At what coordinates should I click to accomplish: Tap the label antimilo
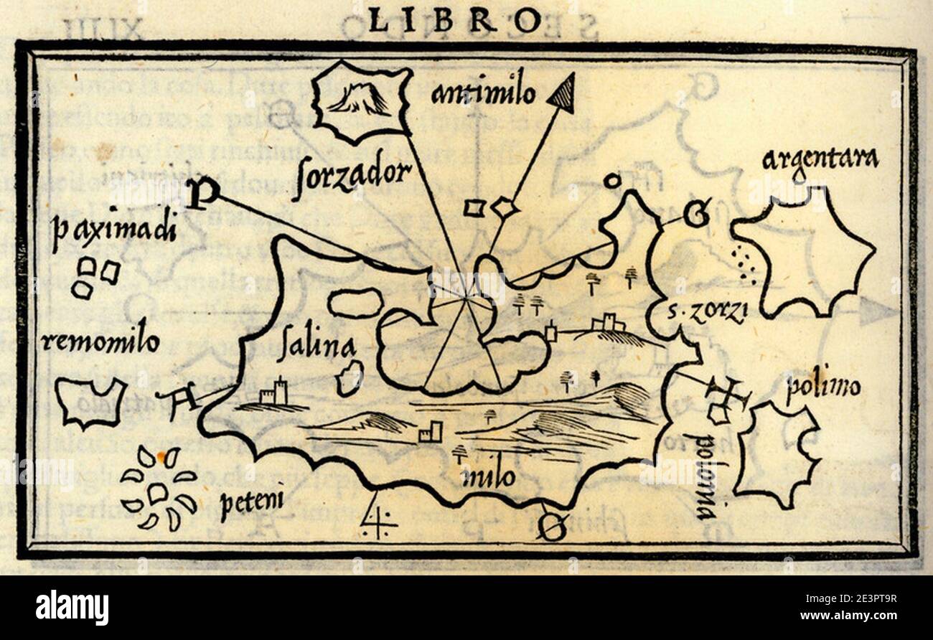[484, 93]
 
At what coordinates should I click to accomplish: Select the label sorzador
[351, 175]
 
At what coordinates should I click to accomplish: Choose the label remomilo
[100, 342]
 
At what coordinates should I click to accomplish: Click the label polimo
[822, 387]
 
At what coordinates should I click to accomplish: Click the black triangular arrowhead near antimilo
[563, 93]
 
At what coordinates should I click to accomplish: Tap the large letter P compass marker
[202, 192]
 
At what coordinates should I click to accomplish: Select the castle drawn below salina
[273, 393]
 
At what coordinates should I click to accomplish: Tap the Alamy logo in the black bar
[72, 607]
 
